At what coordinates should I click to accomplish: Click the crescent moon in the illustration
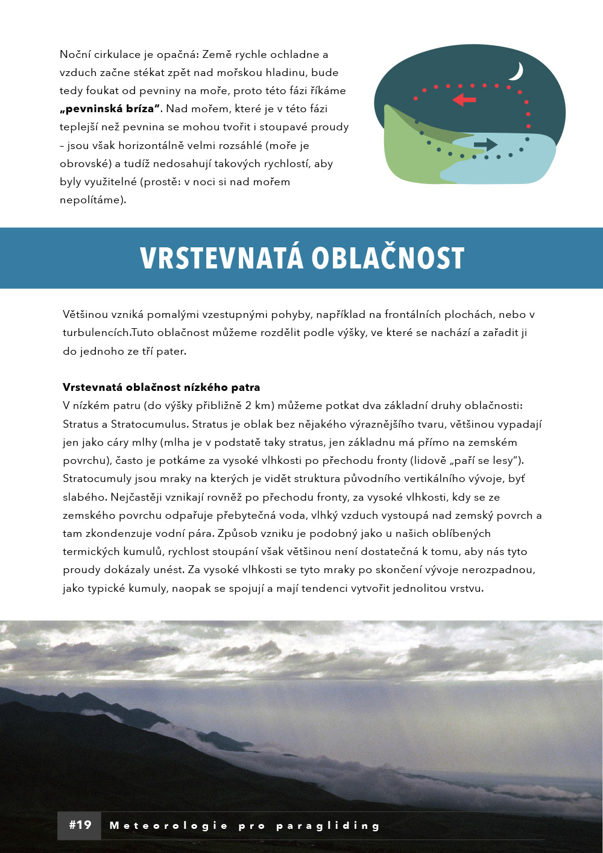pyautogui.click(x=516, y=72)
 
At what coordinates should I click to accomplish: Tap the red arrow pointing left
pyautogui.click(x=464, y=99)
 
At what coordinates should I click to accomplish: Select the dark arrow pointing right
pyautogui.click(x=485, y=144)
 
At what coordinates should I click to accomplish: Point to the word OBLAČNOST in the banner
pyautogui.click(x=388, y=258)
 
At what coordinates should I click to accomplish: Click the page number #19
pyautogui.click(x=80, y=825)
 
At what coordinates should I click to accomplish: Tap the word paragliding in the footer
pyautogui.click(x=328, y=826)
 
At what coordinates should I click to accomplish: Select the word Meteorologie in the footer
pyautogui.click(x=168, y=826)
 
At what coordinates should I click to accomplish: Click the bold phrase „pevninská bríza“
pyautogui.click(x=110, y=109)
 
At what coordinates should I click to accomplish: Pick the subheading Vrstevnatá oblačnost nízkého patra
pyautogui.click(x=161, y=387)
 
